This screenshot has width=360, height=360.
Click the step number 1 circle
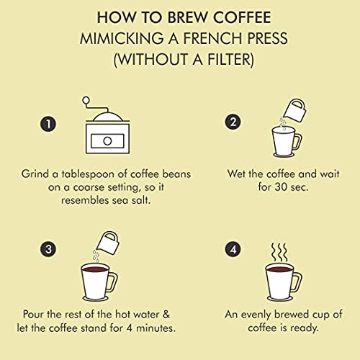(48, 124)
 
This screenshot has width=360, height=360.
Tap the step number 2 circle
(233, 122)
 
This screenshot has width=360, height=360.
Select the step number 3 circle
(48, 249)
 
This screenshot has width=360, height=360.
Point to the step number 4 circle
(233, 250)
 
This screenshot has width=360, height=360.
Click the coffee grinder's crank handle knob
(86, 100)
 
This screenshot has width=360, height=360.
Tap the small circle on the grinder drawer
(107, 141)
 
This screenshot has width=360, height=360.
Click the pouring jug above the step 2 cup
(295, 110)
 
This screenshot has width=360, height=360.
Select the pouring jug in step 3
(108, 243)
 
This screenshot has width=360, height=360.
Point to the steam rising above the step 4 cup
(279, 253)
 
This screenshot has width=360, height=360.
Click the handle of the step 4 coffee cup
(298, 282)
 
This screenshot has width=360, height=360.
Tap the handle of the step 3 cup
(113, 282)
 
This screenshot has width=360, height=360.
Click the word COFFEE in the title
(242, 17)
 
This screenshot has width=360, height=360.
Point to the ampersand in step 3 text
(166, 314)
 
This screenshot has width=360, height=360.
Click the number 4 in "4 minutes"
(130, 328)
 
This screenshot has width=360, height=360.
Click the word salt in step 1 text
(140, 200)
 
